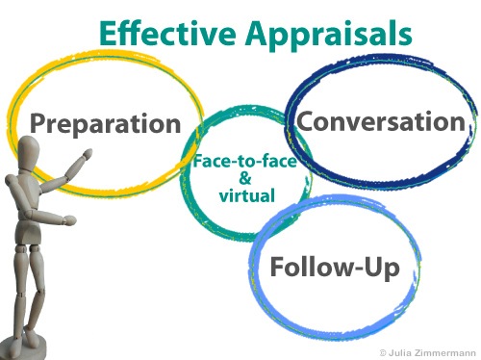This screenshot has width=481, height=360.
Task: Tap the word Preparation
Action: (x=105, y=124)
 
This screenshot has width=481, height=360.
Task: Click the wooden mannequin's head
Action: (x=29, y=152)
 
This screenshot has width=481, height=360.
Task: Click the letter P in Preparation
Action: (x=38, y=123)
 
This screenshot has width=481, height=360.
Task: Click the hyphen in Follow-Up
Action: (x=354, y=268)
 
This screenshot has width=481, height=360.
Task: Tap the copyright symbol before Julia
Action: (x=384, y=351)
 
